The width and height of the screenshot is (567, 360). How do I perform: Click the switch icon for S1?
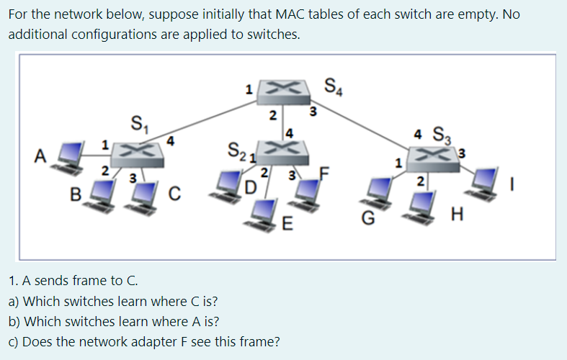pyautogui.click(x=139, y=150)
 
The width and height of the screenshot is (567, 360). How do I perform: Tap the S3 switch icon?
pyautogui.click(x=430, y=154)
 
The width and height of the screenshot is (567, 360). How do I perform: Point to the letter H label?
pyautogui.click(x=455, y=214)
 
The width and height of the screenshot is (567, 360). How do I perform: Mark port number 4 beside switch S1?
pyautogui.click(x=170, y=140)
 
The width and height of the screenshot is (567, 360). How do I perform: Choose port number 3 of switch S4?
pyautogui.click(x=312, y=111)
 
